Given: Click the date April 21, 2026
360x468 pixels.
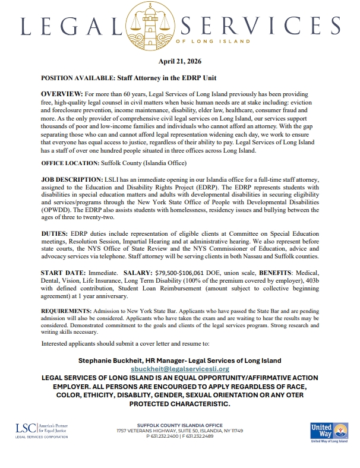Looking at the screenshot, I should pyautogui.click(x=179, y=62).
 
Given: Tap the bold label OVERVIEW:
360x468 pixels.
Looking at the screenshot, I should pyautogui.click(x=61, y=95).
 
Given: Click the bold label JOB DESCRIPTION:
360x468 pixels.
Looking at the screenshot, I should pyautogui.click(x=72, y=179).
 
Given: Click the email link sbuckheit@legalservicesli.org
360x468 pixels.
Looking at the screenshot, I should pyautogui.click(x=179, y=369).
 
